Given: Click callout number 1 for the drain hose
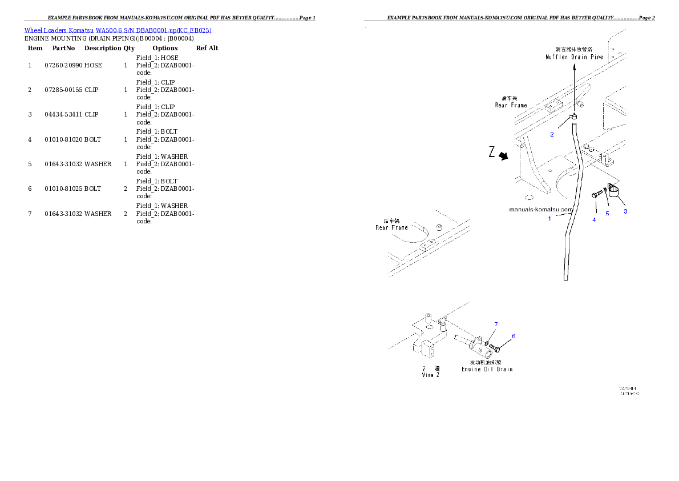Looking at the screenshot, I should (549, 218).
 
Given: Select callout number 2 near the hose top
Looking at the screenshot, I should (552, 135).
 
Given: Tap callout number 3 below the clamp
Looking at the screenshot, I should (625, 211).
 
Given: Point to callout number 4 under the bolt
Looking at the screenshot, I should (594, 219).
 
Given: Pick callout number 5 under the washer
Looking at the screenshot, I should (607, 214).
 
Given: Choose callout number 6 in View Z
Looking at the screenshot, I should (513, 336).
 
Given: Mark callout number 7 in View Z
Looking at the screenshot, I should (496, 324).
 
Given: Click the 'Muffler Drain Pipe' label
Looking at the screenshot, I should (574, 57).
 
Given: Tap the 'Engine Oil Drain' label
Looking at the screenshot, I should (487, 369).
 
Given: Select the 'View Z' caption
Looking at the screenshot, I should (431, 375).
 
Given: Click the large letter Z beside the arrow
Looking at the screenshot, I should (491, 153).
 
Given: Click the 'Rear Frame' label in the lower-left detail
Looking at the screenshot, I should (392, 227).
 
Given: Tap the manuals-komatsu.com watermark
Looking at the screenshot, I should (540, 209).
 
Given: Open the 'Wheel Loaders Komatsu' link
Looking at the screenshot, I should (59, 30).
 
